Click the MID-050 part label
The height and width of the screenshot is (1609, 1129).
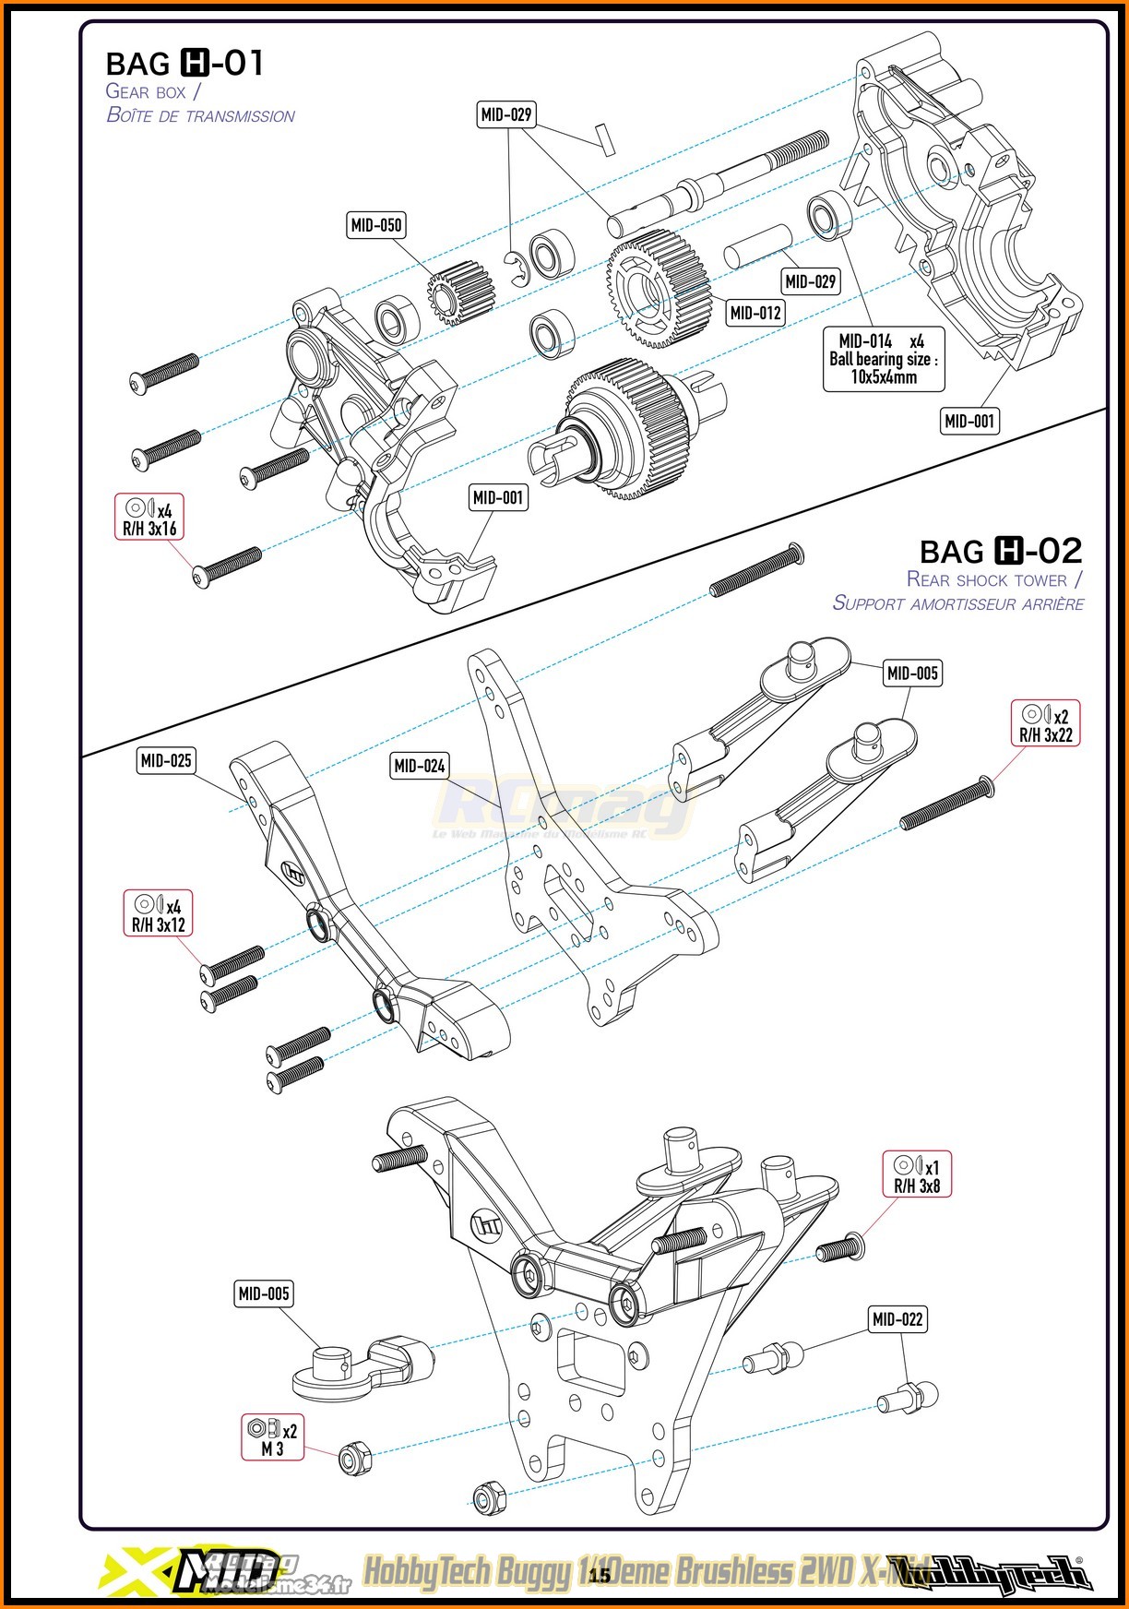376,225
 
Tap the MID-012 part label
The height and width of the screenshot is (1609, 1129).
755,313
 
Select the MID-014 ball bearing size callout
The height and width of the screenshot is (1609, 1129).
883,359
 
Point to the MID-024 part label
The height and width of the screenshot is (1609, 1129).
420,766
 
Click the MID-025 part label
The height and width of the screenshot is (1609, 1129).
166,761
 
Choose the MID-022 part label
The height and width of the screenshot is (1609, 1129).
897,1320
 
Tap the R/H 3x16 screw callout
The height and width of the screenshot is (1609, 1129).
149,518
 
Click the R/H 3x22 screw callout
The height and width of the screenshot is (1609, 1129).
1045,724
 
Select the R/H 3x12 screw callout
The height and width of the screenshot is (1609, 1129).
159,913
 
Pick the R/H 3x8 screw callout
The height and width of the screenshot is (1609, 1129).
917,1174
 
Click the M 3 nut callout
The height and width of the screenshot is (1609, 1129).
272,1437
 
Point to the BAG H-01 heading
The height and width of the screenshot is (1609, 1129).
185,64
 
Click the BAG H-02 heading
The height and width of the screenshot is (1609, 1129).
1001,552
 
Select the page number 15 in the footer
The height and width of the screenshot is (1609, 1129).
600,1575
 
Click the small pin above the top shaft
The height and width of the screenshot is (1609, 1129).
604,140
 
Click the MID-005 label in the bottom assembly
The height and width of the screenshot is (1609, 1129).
264,1294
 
